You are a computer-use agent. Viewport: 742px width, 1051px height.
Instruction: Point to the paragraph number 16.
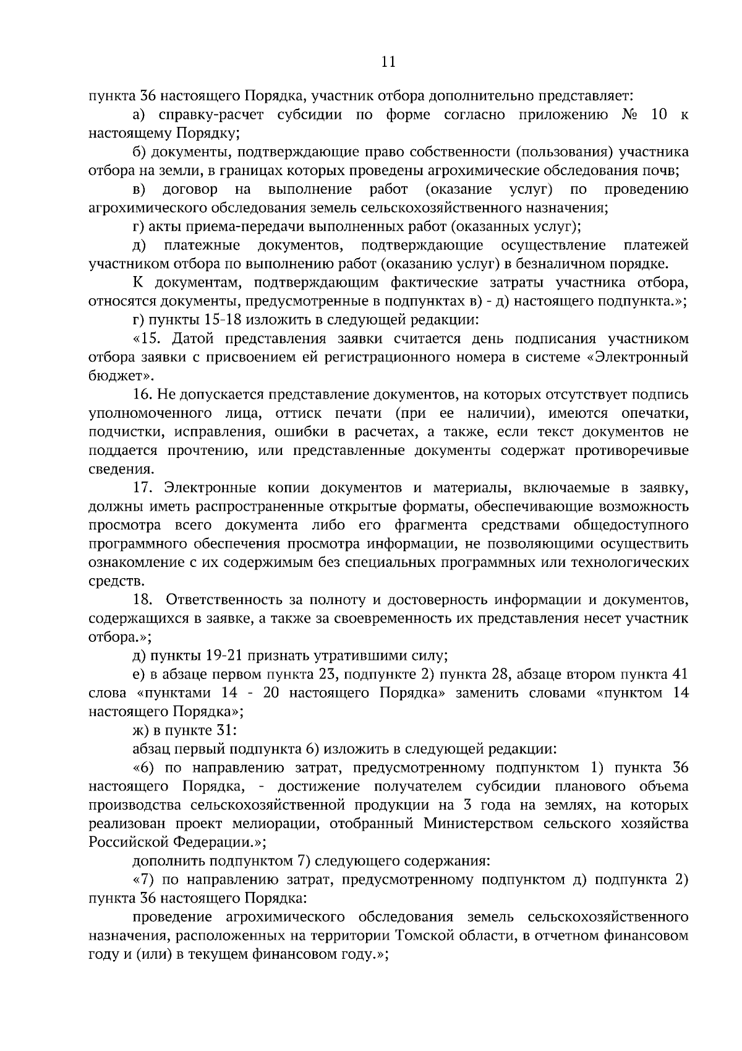pos(143,394)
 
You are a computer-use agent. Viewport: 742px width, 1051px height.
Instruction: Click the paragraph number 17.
pos(143,488)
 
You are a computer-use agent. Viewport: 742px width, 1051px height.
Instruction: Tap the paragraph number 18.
pos(143,600)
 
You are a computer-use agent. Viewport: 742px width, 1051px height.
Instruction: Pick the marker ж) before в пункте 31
pos(142,730)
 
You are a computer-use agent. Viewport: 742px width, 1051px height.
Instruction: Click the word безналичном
pos(549,264)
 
